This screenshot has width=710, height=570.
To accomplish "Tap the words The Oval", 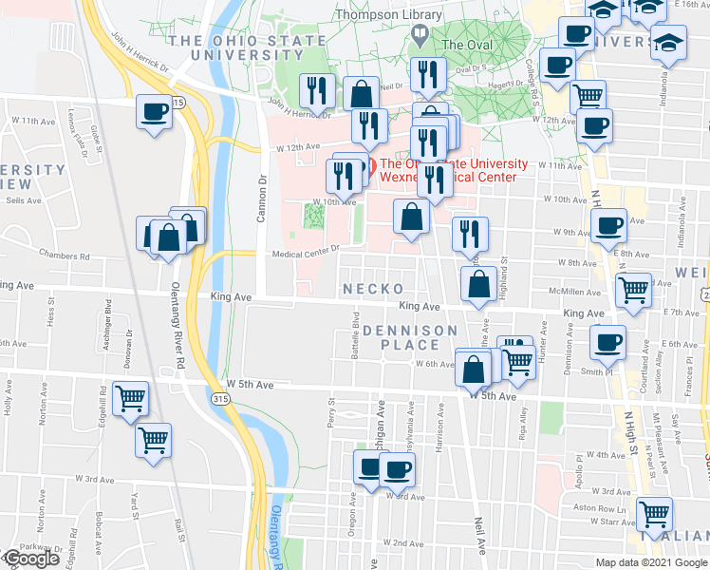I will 465,44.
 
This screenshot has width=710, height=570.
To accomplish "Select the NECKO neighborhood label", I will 374,288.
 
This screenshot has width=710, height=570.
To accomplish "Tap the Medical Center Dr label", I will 306,254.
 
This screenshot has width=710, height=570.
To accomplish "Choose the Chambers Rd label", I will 65,256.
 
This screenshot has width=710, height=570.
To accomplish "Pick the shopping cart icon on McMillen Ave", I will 632,289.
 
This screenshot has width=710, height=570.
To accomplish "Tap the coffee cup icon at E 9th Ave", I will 608,225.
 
